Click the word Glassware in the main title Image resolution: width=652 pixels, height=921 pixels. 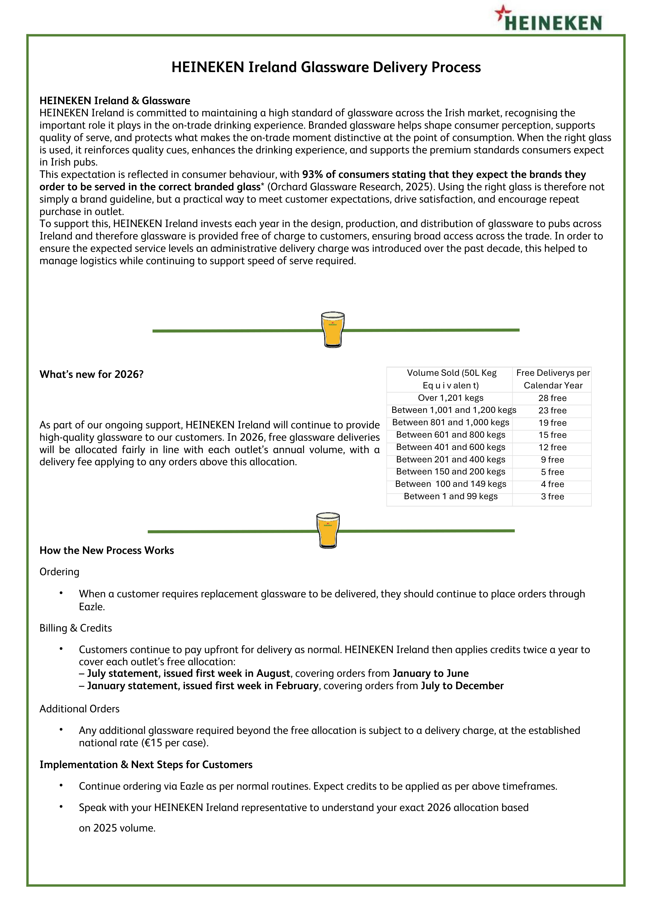point(335,67)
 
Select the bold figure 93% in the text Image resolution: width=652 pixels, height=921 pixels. point(312,174)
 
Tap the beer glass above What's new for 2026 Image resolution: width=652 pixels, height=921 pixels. point(332,329)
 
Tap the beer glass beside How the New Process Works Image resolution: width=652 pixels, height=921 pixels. point(328,530)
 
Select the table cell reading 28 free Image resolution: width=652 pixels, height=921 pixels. point(552,398)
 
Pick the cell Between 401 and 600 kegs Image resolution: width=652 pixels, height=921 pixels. point(450,447)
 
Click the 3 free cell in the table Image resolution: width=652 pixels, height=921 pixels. point(552,497)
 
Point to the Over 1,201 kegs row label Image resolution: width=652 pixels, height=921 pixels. point(450,398)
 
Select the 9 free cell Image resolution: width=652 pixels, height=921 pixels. point(552,460)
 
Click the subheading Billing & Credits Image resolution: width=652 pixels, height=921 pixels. point(76,628)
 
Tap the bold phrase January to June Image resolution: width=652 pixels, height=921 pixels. point(430,673)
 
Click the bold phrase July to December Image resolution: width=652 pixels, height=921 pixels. point(462,686)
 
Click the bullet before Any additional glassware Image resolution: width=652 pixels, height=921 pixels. point(61,730)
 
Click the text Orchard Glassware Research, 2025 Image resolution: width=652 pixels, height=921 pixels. point(351,187)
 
